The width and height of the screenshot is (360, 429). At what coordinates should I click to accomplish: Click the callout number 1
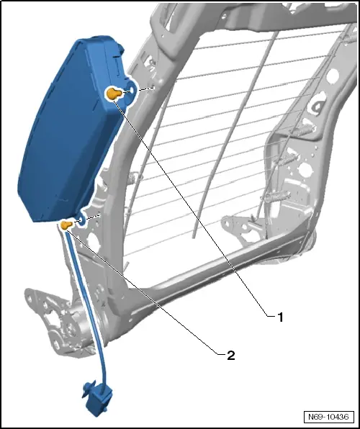click(280, 317)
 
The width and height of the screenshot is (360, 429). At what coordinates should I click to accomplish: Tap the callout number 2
click(231, 356)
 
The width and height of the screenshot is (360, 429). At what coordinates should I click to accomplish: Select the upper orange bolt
click(114, 94)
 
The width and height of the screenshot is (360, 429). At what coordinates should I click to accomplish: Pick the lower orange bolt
click(66, 225)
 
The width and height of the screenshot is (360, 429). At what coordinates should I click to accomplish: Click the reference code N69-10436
click(328, 417)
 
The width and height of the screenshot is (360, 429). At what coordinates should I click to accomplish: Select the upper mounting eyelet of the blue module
click(131, 90)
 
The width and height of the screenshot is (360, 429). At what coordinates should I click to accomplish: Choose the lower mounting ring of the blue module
click(82, 220)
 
